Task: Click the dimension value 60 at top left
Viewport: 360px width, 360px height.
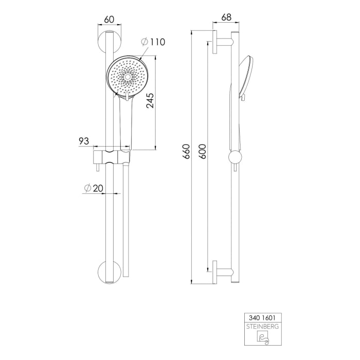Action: [x=109, y=19]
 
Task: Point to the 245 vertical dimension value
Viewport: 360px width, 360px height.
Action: [x=150, y=98]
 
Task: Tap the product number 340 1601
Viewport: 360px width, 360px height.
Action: [x=261, y=319]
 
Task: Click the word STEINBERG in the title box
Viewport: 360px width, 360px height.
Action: [x=261, y=326]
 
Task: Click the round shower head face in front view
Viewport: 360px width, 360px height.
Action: [x=127, y=76]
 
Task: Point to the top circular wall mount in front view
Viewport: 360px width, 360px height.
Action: [x=109, y=43]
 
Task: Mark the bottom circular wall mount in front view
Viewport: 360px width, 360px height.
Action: [x=109, y=271]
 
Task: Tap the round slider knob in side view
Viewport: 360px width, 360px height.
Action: [x=235, y=156]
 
